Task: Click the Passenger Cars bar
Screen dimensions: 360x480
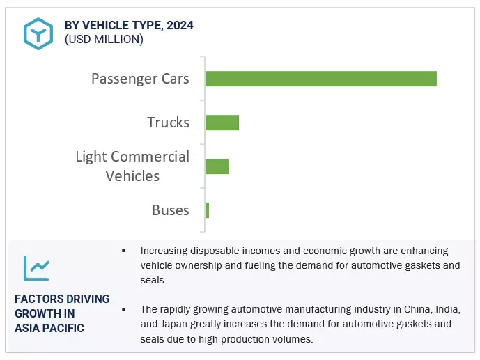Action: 320,79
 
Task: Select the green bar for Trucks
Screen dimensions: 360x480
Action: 222,123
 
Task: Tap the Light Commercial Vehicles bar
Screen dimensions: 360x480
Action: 217,166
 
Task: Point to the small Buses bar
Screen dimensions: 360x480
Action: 207,210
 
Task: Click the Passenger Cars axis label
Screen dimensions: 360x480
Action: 140,79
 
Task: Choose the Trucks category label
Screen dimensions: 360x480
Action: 168,123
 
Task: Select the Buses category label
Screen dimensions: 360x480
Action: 170,210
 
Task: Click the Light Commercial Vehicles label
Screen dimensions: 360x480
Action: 132,166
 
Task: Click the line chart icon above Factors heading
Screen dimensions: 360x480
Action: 36,267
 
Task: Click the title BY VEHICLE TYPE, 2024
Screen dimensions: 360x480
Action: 129,25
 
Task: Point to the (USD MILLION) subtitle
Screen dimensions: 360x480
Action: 104,39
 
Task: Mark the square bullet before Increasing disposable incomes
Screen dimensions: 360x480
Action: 123,251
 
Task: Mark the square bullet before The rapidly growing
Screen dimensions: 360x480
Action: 123,308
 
